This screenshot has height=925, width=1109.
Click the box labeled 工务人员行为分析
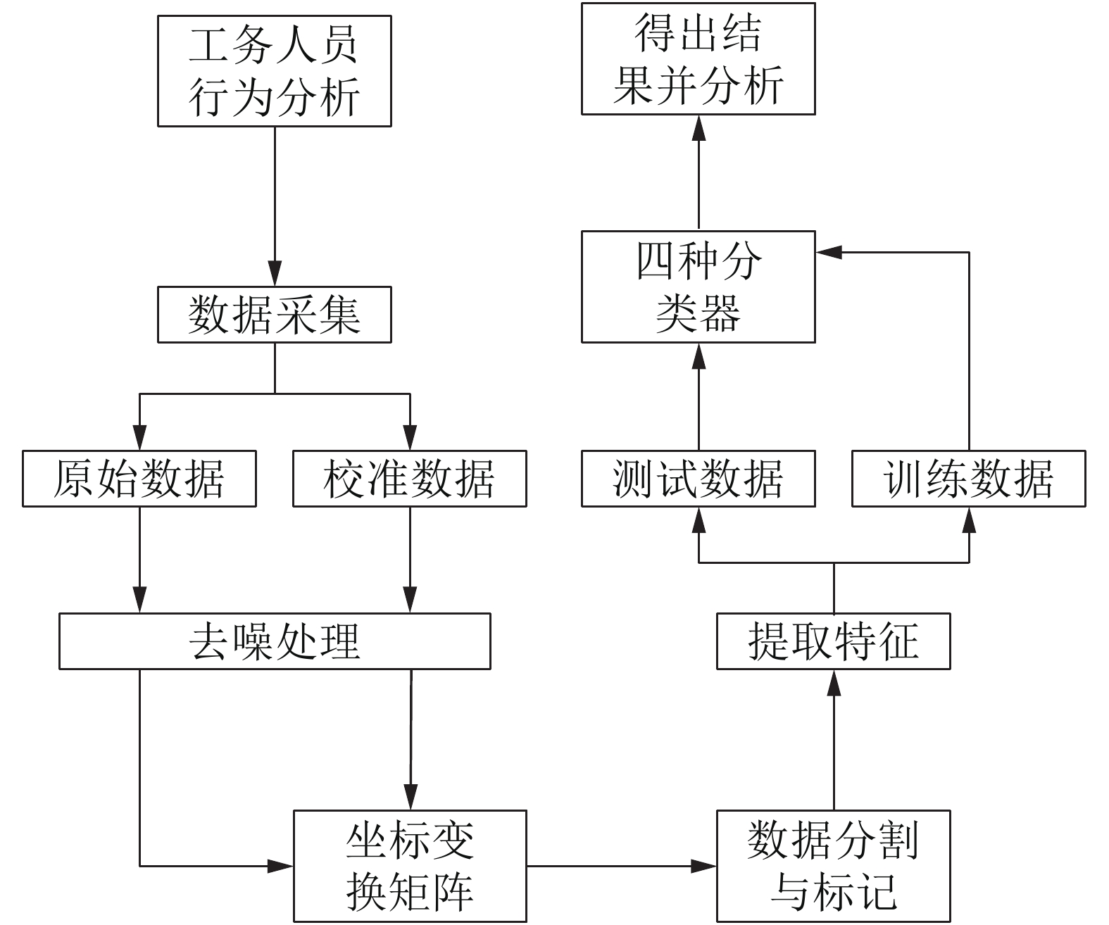point(275,71)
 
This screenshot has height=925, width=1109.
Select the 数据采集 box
point(275,315)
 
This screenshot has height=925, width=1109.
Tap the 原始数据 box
point(139,479)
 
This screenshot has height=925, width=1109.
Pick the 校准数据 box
point(410,479)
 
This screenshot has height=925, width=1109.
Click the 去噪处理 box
point(275,641)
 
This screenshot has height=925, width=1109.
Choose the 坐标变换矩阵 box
point(410,867)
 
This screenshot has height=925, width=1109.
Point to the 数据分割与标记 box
point(834,867)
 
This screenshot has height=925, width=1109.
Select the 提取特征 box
point(834,641)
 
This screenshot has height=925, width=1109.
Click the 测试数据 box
point(698,479)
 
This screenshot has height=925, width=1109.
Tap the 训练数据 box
point(969,479)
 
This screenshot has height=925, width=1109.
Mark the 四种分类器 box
point(698,287)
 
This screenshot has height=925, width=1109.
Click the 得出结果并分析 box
point(698,58)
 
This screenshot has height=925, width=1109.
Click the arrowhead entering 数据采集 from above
point(275,274)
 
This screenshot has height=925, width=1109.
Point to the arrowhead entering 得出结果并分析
point(698,128)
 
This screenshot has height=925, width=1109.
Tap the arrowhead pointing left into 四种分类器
point(829,253)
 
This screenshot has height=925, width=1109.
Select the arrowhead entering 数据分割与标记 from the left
point(703,867)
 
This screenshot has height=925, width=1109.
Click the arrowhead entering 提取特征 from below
point(834,683)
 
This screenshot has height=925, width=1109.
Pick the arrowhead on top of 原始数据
point(139,438)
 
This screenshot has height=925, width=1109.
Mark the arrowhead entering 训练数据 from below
point(970,520)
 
